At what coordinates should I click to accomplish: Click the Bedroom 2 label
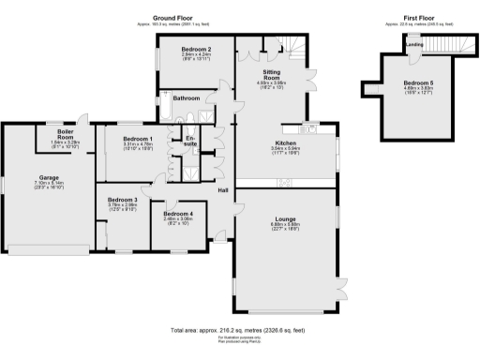196,49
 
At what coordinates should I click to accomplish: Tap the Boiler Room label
66,133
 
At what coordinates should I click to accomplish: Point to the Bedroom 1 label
125,138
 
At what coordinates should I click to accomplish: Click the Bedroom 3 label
122,200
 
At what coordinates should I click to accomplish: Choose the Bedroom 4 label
178,214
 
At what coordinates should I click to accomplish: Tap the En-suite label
190,142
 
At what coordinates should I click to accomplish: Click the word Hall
224,191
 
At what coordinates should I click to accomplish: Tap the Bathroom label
186,97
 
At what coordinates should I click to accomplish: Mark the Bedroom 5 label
413,82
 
